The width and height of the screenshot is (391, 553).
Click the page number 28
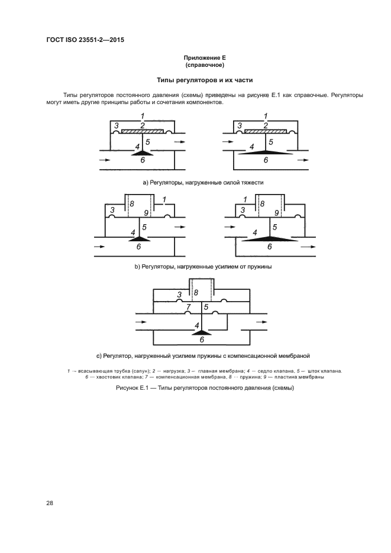pos(50,503)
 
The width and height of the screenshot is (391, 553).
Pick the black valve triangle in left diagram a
pos(140,152)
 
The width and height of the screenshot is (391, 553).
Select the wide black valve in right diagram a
pos(266,153)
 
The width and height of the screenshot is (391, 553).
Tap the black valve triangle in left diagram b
pos(140,238)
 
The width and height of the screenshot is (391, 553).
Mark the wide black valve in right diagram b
pos(269,238)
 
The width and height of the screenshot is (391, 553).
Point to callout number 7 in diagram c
pos(189,307)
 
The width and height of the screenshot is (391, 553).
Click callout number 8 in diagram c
pos(196,293)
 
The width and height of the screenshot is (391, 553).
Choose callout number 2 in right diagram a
pos(266,125)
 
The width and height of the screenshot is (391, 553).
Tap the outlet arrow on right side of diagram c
pos(261,322)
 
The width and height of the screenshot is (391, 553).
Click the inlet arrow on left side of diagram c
pos(140,322)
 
